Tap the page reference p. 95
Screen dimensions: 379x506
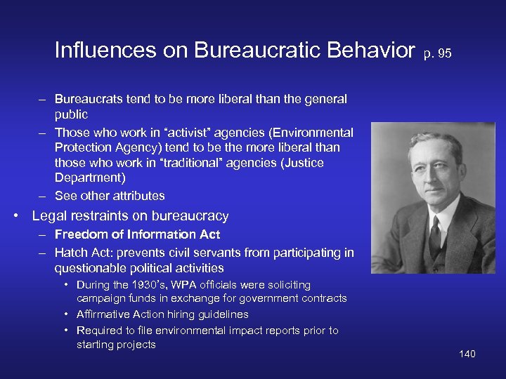click(x=436, y=53)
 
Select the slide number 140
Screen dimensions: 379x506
click(x=467, y=354)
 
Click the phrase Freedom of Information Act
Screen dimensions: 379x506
click(x=137, y=234)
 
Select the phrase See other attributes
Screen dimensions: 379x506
click(x=110, y=196)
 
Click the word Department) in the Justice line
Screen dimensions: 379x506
click(x=90, y=178)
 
